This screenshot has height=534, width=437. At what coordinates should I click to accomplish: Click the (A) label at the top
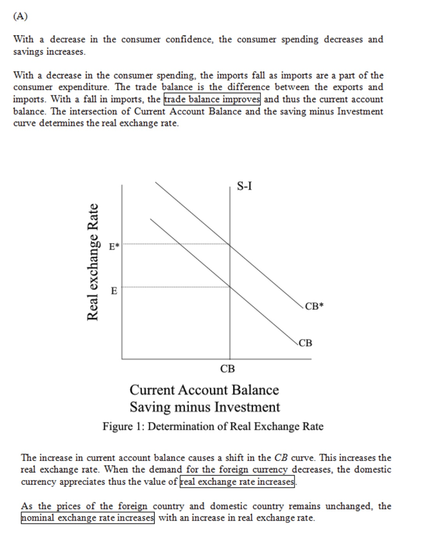20,16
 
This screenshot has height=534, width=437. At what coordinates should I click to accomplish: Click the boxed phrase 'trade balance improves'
212,99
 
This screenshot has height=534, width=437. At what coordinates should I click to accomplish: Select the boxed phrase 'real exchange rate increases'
238,481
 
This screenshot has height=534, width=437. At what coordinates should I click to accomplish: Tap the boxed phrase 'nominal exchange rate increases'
88,518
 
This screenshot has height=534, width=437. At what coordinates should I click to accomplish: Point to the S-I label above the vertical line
244,186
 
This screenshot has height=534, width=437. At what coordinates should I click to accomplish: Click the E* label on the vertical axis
114,247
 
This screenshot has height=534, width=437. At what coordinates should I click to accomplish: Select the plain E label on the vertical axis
114,290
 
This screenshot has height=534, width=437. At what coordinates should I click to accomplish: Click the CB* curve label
314,306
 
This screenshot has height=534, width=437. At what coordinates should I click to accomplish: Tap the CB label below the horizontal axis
228,369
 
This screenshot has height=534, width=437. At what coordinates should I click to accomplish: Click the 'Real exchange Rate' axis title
93,261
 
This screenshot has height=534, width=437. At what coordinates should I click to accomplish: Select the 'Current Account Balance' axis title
204,390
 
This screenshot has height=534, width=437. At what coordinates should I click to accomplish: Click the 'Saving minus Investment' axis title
204,407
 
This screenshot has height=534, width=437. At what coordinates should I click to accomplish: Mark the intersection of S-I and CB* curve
230,244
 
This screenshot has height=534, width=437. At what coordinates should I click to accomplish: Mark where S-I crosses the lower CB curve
230,287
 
